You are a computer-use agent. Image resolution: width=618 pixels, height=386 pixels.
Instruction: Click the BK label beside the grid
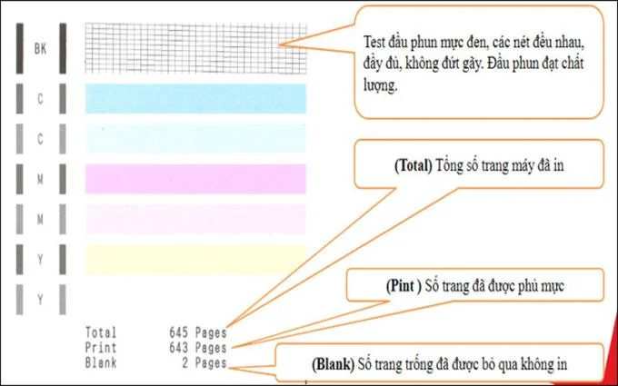[40, 49]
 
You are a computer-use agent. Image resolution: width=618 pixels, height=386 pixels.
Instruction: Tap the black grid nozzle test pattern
[196, 48]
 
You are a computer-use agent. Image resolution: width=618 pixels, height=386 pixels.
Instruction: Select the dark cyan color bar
[196, 98]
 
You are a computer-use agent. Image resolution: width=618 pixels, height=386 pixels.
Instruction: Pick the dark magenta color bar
[196, 179]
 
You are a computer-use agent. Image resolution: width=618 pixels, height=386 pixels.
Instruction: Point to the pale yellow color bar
[196, 259]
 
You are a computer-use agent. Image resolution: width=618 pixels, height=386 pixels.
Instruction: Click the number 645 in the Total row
[178, 332]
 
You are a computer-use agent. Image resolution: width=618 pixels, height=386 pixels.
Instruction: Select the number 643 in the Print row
[178, 348]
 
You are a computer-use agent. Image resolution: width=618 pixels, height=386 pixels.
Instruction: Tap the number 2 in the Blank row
[184, 362]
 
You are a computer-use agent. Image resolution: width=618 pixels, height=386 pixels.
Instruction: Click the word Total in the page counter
[101, 332]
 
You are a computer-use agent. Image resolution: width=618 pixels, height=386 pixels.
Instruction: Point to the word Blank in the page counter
[101, 362]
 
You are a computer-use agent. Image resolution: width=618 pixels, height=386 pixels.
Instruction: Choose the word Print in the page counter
[101, 348]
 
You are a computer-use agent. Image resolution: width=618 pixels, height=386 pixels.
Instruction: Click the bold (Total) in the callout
[414, 166]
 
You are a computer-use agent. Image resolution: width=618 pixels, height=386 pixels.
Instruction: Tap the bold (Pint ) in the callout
[404, 286]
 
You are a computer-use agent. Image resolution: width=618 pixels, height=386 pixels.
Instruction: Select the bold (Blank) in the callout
[333, 364]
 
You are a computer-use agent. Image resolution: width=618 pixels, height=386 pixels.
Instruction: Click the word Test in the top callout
[374, 42]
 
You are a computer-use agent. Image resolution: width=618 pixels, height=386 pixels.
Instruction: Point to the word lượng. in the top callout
[380, 86]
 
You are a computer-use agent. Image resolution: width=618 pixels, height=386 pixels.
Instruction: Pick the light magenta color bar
[196, 219]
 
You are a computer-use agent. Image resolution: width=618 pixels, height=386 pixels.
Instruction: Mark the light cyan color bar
[196, 139]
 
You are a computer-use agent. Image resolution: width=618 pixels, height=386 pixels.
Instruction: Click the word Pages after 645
[211, 332]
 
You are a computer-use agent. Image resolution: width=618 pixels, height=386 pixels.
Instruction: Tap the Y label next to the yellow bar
[40, 260]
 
